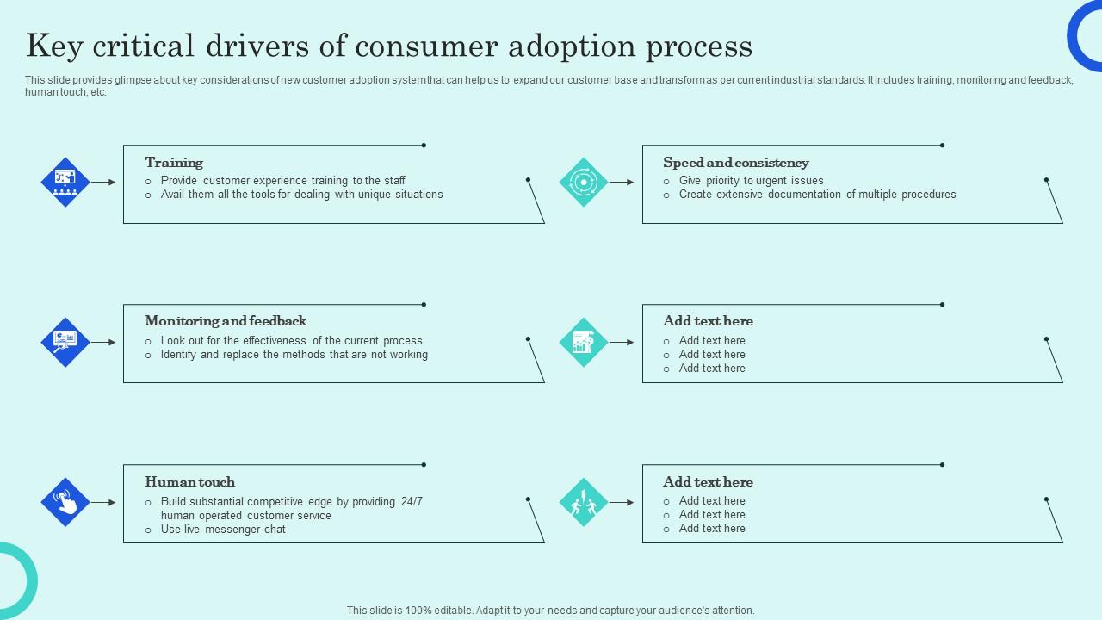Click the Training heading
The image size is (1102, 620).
pos(174,163)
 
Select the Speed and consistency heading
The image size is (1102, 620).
pos(735,163)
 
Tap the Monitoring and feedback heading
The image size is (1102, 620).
pos(226,321)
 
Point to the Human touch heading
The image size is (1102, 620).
pos(189,482)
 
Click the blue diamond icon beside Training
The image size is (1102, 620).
pos(65,183)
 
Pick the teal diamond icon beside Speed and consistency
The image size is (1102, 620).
pos(584,183)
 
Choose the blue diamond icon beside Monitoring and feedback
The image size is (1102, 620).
pos(65,343)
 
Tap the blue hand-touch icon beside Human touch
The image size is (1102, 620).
pos(65,502)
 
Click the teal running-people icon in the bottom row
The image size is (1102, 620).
pos(584,502)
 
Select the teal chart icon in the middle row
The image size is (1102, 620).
pos(584,343)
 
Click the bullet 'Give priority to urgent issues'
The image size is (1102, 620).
pos(751,181)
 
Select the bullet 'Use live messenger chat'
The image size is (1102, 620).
pos(223,530)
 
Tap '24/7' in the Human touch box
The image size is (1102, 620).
pos(412,502)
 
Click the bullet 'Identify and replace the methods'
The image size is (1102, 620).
pos(294,355)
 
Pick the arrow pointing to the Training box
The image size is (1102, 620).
pos(103,183)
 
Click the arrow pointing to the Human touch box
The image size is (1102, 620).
pos(103,502)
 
